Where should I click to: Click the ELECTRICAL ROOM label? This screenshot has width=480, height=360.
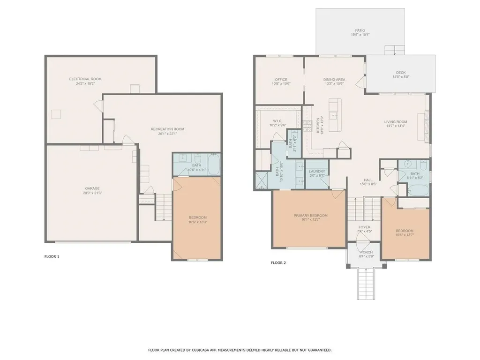(85, 79)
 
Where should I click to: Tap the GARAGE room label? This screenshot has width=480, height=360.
(92, 188)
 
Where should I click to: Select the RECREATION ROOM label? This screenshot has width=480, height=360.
(167, 129)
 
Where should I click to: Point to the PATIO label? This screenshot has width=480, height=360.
(360, 30)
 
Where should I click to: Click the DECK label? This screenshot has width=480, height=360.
(400, 72)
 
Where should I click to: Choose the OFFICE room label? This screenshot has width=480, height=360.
(281, 80)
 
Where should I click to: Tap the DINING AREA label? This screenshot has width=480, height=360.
(334, 80)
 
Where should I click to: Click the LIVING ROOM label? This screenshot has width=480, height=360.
(396, 122)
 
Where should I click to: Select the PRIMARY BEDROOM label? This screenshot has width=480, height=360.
(310, 216)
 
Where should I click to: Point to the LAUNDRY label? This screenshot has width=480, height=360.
(317, 172)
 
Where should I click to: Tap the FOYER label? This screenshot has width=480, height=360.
(364, 227)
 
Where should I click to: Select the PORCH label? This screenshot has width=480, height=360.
(366, 252)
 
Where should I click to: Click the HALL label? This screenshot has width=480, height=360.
(368, 180)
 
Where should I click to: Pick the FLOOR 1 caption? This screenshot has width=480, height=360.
(52, 256)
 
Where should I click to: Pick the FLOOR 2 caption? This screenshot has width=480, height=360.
(278, 262)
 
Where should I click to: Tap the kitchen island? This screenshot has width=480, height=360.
(334, 115)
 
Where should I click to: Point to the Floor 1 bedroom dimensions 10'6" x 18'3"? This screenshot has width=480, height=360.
(197, 222)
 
